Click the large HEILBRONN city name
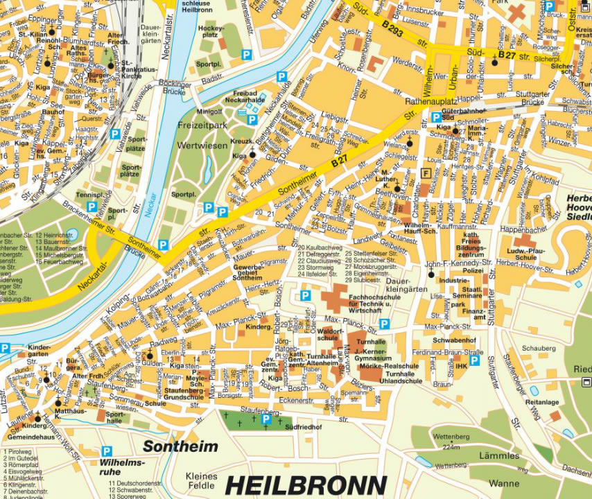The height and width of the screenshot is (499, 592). tap(306, 485)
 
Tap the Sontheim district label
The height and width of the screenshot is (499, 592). tap(180, 447)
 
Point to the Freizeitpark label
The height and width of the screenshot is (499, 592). tap(202, 126)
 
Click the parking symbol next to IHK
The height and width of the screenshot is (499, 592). tap(475, 360)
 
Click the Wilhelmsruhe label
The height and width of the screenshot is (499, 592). tap(122, 466)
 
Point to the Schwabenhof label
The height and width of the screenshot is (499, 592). tap(454, 341)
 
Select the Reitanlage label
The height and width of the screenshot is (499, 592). tap(542, 402)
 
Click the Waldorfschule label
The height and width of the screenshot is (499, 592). tap(331, 335)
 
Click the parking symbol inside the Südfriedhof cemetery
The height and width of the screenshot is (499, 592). tap(265, 419)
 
